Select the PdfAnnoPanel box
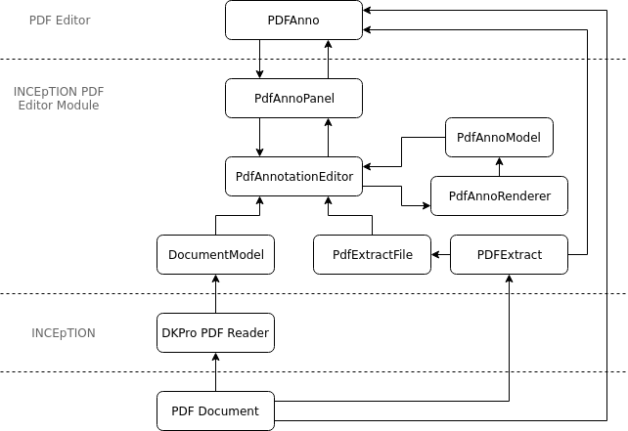(x=293, y=98)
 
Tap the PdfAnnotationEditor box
(x=293, y=176)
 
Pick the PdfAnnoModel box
(x=499, y=137)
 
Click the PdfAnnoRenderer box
(x=499, y=195)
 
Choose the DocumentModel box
(x=215, y=254)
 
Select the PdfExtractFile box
(x=372, y=254)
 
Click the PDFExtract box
(x=509, y=254)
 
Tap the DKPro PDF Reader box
(x=215, y=332)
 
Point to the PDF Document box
(x=215, y=410)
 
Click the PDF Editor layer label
(x=61, y=20)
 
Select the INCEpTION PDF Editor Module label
(x=59, y=98)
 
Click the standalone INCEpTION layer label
(x=64, y=332)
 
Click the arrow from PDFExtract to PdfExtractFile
(x=440, y=254)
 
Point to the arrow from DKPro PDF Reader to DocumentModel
(x=215, y=293)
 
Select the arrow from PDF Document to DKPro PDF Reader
(x=215, y=371)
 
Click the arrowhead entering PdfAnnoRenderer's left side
(x=426, y=205)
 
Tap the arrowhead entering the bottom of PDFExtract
(x=509, y=280)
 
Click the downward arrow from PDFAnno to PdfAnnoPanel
(x=259, y=59)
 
